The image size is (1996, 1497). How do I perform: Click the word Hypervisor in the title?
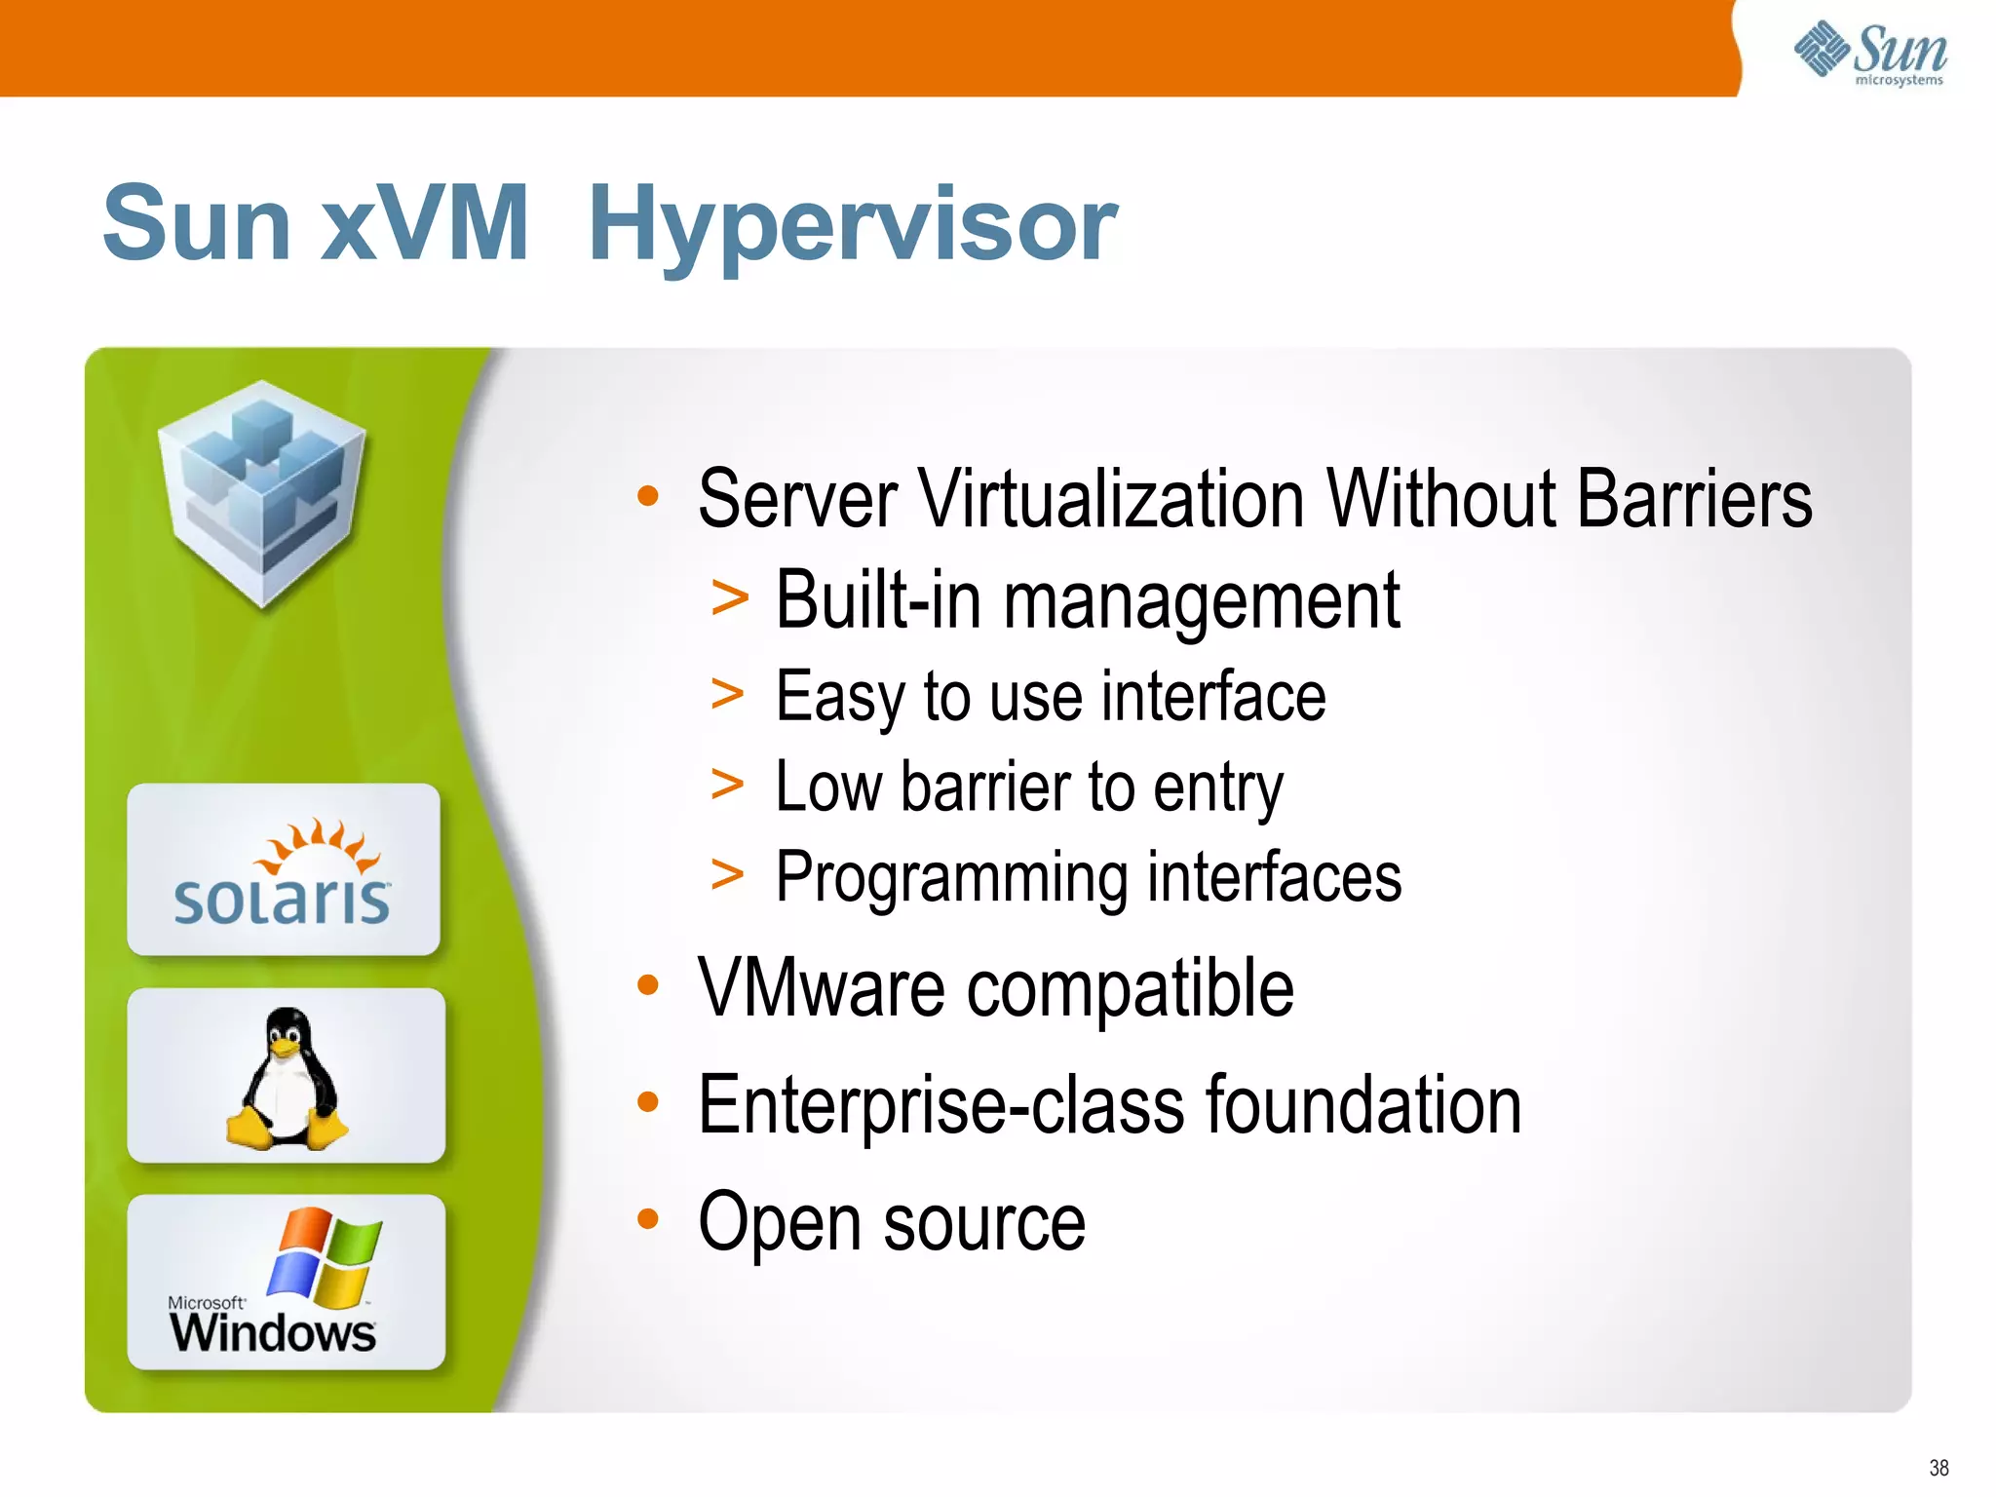853,226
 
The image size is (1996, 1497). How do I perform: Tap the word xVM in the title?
424,224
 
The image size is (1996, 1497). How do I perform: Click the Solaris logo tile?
283,869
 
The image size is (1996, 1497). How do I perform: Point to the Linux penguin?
287,1078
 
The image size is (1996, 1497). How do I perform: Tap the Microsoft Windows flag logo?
325,1256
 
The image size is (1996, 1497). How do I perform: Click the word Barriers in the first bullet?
1693,499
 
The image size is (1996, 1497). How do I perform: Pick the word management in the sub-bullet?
1202,602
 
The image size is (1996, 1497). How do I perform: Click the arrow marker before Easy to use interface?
728,695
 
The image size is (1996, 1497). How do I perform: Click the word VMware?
821,988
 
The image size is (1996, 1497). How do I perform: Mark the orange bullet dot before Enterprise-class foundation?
648,1102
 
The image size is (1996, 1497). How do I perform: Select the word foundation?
1363,1105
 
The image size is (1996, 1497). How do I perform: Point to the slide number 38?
1938,1468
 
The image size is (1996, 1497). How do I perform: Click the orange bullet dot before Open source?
648,1218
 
